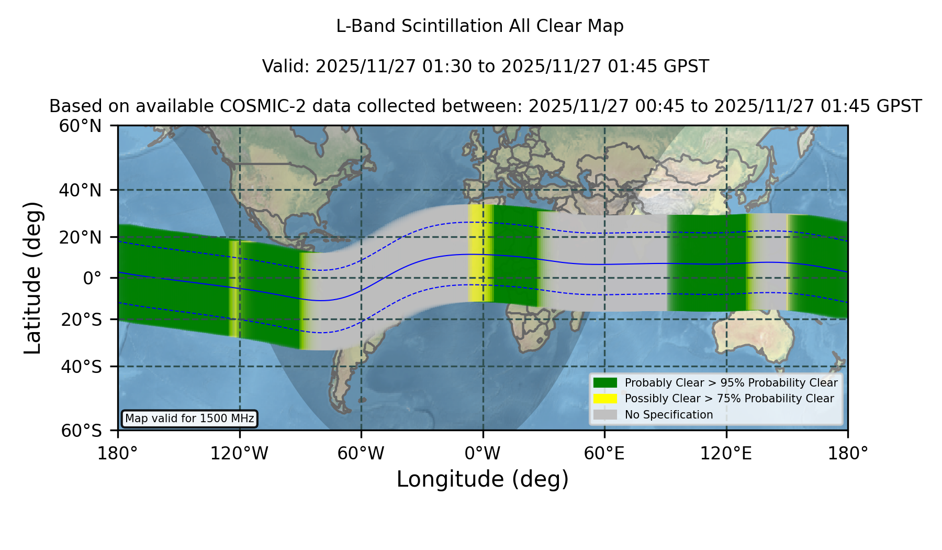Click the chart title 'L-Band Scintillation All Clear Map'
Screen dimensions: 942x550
click(x=480, y=26)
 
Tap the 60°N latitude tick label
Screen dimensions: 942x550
click(x=80, y=126)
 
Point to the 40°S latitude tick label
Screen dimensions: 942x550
click(x=81, y=367)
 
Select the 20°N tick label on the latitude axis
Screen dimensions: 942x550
click(x=80, y=237)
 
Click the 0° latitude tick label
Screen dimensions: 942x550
click(x=92, y=278)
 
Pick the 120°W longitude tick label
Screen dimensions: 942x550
click(x=239, y=453)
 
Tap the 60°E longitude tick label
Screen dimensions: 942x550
click(x=604, y=453)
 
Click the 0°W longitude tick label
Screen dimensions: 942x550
click(x=483, y=453)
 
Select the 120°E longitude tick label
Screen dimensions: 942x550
click(x=726, y=453)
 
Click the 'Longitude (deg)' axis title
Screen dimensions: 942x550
click(x=483, y=479)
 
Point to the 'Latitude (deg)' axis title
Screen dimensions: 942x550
click(x=33, y=278)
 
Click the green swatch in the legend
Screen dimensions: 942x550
click(x=605, y=382)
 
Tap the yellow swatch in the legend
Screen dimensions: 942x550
click(x=605, y=398)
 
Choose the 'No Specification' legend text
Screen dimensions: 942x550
click(x=669, y=415)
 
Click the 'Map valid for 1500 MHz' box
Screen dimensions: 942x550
click(x=189, y=419)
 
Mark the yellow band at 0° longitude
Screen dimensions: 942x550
click(x=480, y=253)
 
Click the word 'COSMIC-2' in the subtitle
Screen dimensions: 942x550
click(x=253, y=106)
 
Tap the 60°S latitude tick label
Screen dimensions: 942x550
click(x=81, y=431)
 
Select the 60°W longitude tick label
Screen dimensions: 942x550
click(x=361, y=453)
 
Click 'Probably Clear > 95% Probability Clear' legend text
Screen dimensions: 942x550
click(x=731, y=383)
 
